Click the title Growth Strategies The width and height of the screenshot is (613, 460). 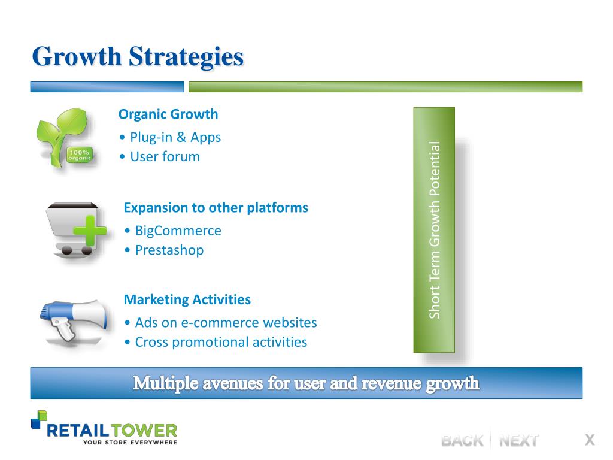[x=138, y=57]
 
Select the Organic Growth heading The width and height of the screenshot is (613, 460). [x=168, y=114]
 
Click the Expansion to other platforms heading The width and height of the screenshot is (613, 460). [x=216, y=208]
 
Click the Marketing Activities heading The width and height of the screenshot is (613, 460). [x=187, y=299]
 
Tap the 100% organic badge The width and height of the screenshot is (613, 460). [x=80, y=155]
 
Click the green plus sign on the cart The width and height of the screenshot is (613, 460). [x=90, y=231]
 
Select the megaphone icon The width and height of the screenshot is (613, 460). [x=74, y=319]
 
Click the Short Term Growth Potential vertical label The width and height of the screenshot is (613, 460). [x=435, y=230]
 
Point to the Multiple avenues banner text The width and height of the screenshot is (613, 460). [x=306, y=383]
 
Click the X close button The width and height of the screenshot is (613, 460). [x=590, y=440]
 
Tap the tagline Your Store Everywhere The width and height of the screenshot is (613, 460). [x=130, y=443]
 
